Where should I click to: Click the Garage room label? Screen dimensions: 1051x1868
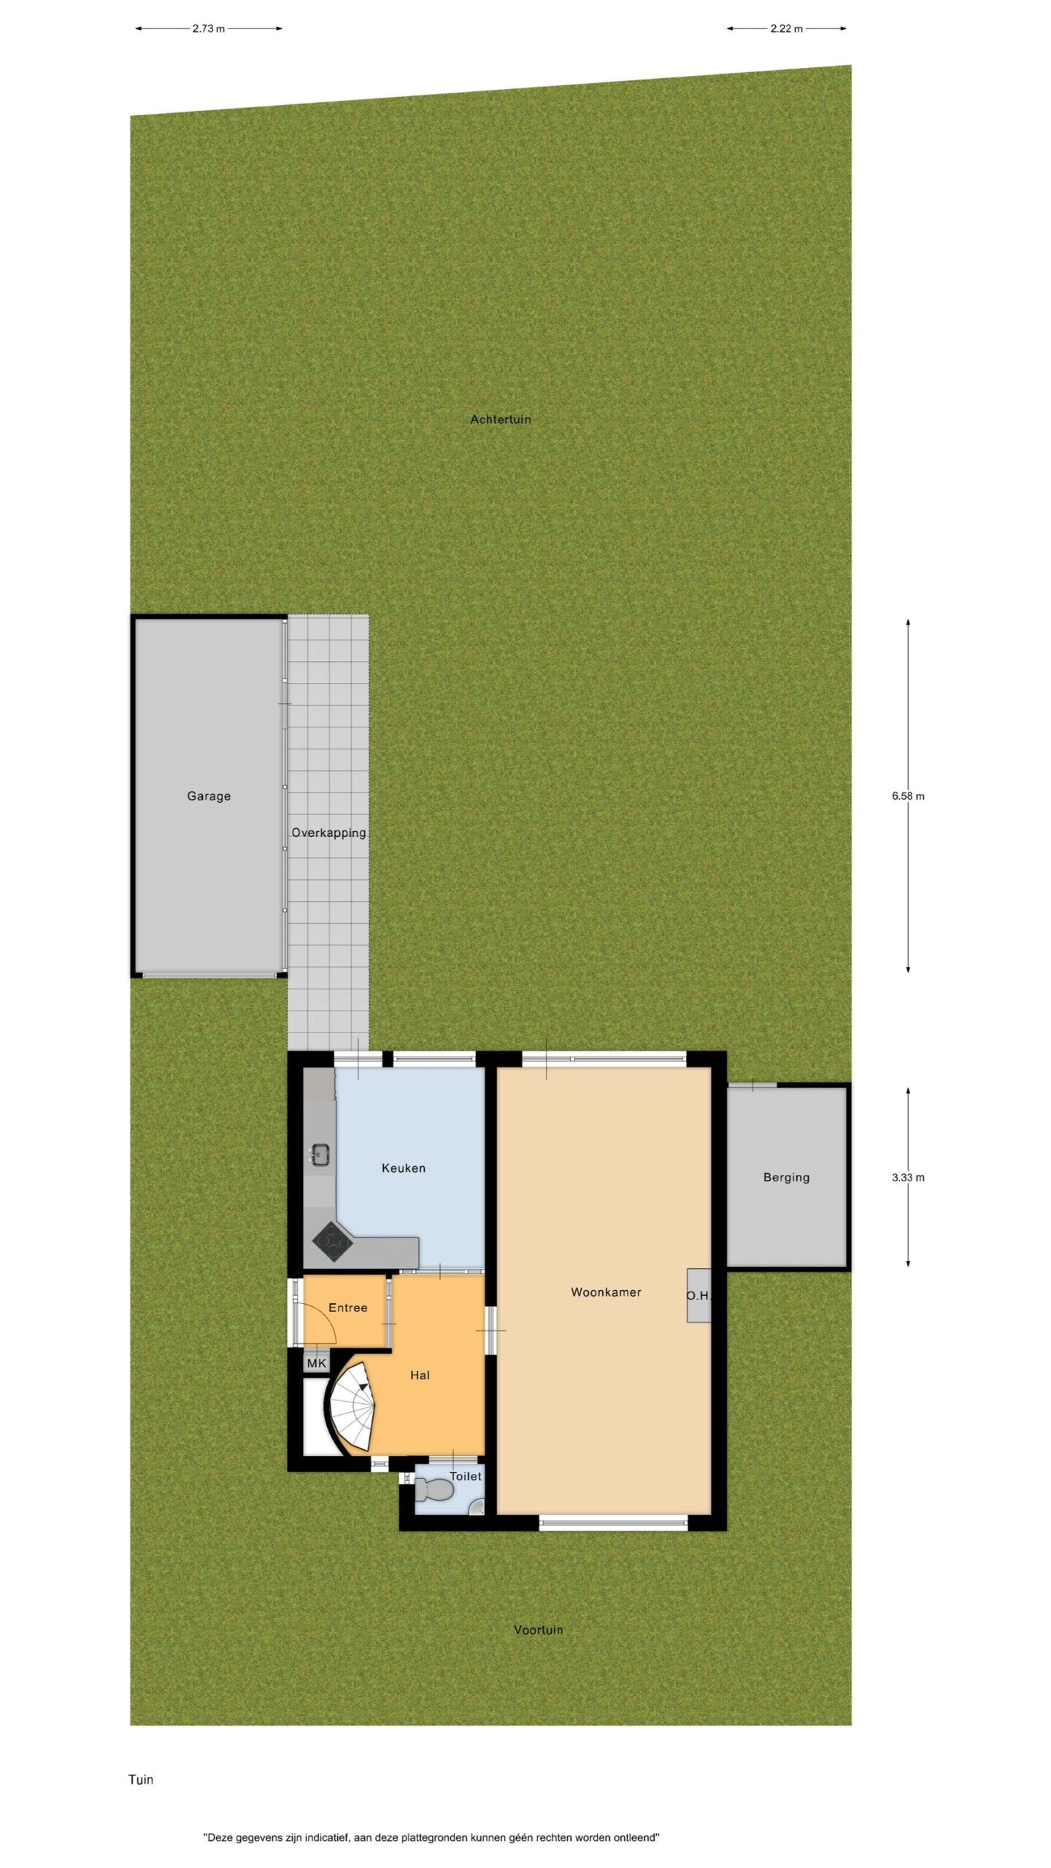pyautogui.click(x=209, y=796)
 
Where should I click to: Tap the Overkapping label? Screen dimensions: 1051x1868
pyautogui.click(x=328, y=833)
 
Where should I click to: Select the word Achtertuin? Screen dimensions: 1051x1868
pyautogui.click(x=501, y=420)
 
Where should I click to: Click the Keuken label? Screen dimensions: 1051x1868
pyautogui.click(x=404, y=1168)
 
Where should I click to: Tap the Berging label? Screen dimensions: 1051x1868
pyautogui.click(x=786, y=1177)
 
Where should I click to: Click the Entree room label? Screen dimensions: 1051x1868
pyautogui.click(x=348, y=1308)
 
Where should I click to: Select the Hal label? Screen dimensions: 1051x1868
pyautogui.click(x=420, y=1375)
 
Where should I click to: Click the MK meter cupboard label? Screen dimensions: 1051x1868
pyautogui.click(x=317, y=1363)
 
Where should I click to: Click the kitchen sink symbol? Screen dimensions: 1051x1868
pyautogui.click(x=320, y=1155)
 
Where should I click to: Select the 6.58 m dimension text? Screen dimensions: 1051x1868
pyautogui.click(x=908, y=796)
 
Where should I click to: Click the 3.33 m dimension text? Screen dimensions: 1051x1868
pyautogui.click(x=908, y=1177)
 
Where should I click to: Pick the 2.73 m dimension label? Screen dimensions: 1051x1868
pyautogui.click(x=209, y=29)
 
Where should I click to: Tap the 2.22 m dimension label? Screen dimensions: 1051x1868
pyautogui.click(x=787, y=29)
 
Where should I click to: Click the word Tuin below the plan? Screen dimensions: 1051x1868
pyautogui.click(x=141, y=1780)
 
